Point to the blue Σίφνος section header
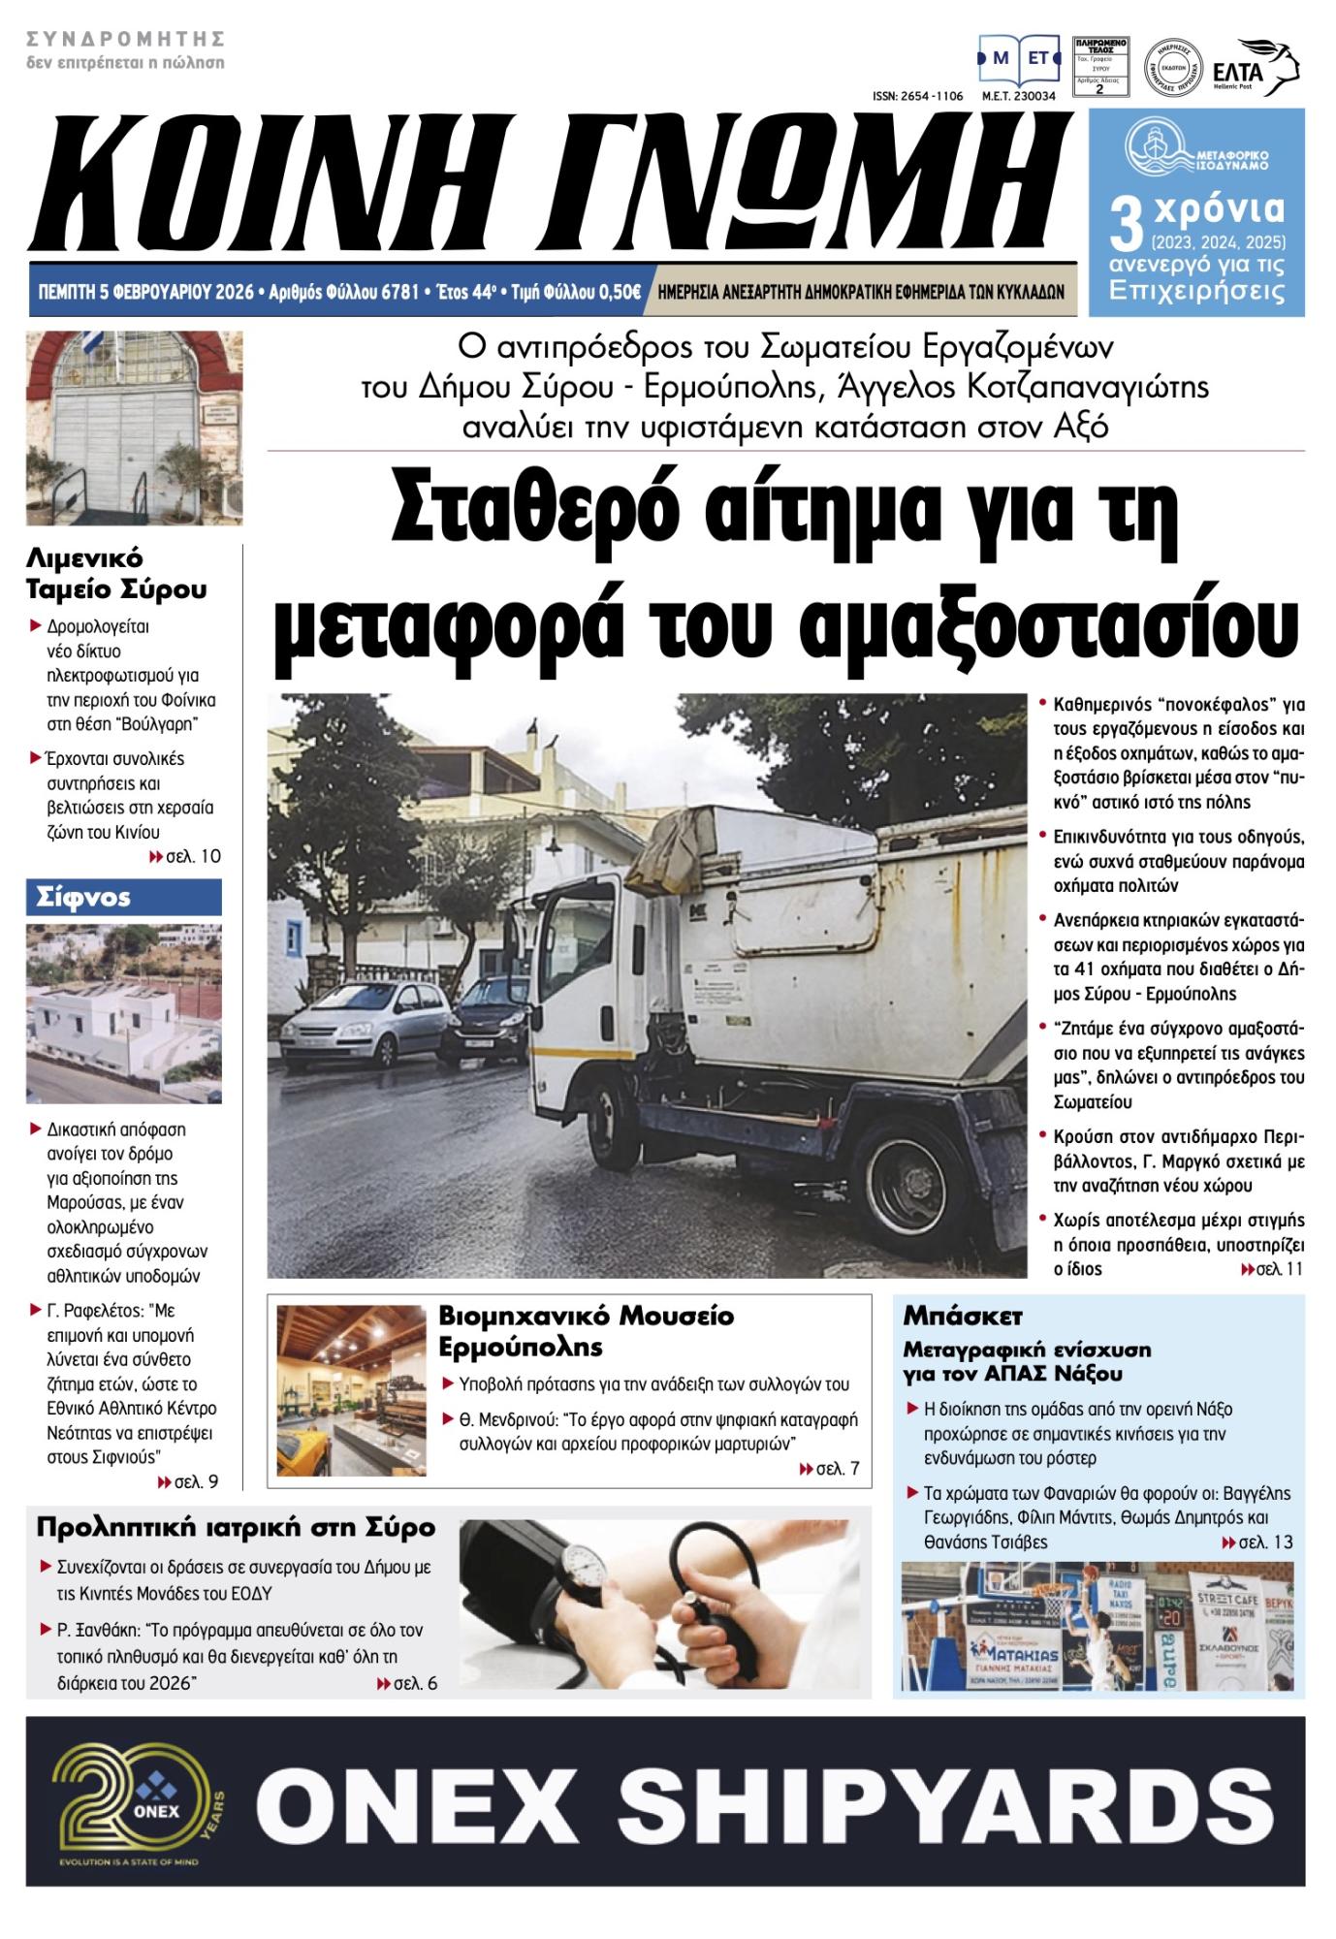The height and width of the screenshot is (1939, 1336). (x=124, y=897)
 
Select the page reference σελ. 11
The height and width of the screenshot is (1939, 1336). (x=1271, y=1269)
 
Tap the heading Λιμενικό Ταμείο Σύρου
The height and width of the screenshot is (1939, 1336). (x=117, y=573)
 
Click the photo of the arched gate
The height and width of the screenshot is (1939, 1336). (x=135, y=428)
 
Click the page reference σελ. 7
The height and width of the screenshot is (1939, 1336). (x=829, y=1469)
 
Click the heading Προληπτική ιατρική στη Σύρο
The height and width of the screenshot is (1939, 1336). (x=237, y=1528)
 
